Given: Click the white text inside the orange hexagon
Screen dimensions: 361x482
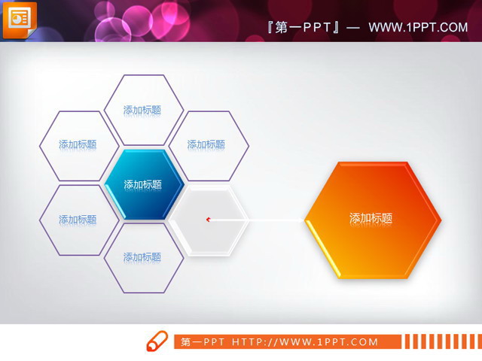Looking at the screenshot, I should (x=371, y=219).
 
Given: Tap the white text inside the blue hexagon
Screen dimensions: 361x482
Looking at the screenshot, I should (x=143, y=184).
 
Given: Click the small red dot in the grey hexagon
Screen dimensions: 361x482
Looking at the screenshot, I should (x=208, y=220).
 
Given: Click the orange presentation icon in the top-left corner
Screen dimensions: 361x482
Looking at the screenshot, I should (x=18, y=18).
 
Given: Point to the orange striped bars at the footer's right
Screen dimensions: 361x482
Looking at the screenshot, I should (x=440, y=342).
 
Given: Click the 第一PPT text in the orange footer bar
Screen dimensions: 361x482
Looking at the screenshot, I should (x=202, y=342).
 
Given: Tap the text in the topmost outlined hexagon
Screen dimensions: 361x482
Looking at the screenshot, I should (x=143, y=110).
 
